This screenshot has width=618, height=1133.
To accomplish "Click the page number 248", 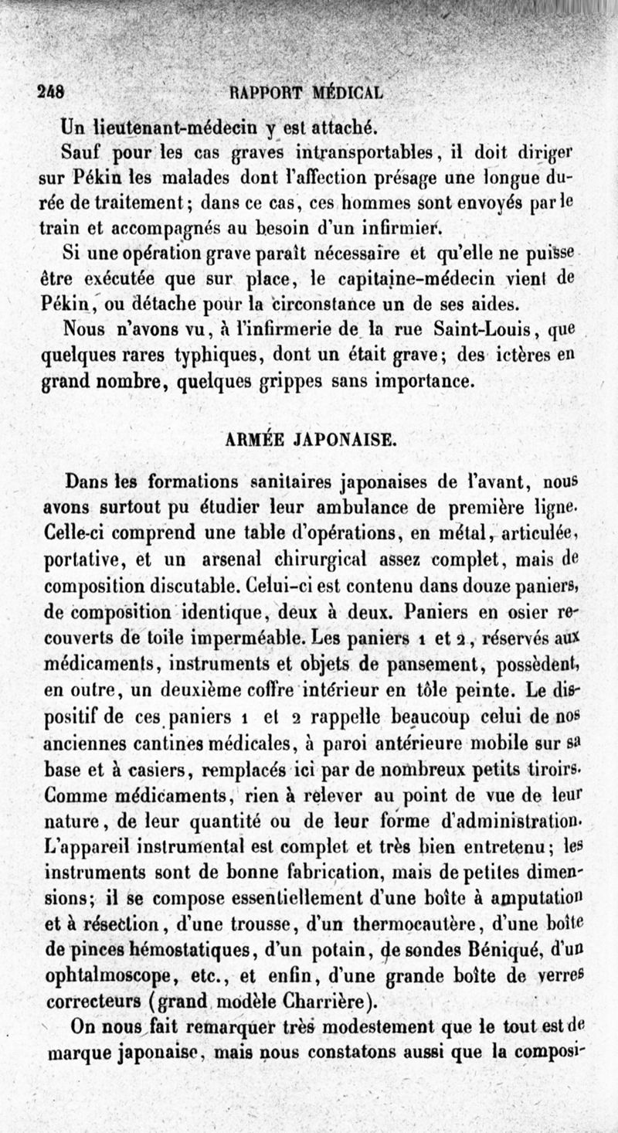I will (51, 90).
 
